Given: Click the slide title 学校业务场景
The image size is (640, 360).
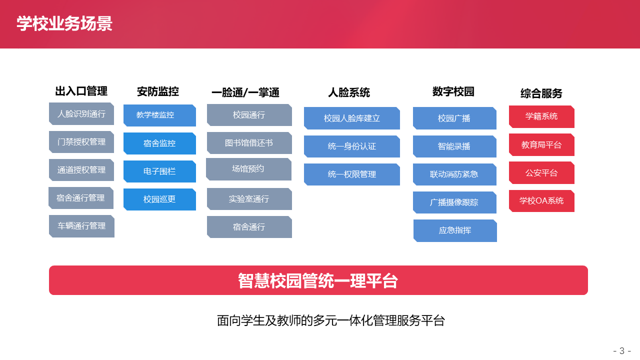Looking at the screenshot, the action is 64,23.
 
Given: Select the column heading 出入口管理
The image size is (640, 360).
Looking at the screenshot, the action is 81,91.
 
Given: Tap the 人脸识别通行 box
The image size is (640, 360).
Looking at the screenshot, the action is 81,113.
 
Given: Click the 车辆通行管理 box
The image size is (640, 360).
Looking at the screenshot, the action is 81,226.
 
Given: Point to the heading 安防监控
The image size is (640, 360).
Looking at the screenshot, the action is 157,91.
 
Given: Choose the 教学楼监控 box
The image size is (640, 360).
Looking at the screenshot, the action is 159,115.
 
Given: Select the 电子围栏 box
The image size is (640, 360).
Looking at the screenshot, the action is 159,171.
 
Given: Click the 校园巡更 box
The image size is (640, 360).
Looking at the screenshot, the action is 159,199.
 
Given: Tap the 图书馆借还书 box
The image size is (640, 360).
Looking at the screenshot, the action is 249,143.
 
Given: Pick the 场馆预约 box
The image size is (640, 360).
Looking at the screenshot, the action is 248,169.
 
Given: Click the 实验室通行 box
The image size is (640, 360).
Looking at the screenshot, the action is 249,199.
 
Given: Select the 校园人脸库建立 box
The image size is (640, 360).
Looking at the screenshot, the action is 352,118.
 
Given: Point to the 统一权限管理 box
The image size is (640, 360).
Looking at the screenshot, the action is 352,174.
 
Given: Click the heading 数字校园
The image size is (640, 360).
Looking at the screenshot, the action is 453,91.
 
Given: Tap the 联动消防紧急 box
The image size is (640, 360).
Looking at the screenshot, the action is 454,174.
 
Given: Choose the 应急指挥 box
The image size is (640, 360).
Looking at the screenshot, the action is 455,230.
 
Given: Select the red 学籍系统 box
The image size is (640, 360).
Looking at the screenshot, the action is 541,116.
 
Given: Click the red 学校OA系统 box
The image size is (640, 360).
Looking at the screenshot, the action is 541,201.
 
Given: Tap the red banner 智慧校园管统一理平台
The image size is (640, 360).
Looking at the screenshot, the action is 318,280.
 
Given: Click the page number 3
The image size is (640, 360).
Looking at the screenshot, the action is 622,350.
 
